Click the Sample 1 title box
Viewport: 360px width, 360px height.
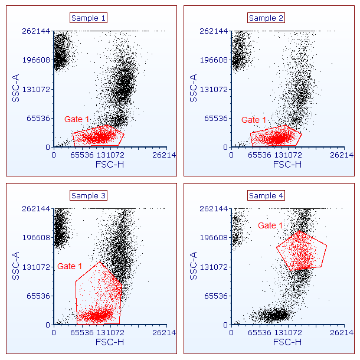pyautogui.click(x=89, y=18)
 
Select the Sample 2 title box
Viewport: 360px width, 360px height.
pyautogui.click(x=266, y=18)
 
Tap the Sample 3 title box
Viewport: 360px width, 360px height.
pyautogui.click(x=89, y=195)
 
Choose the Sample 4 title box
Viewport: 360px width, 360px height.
pyautogui.click(x=266, y=195)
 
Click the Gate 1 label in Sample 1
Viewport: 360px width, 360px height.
pyautogui.click(x=77, y=119)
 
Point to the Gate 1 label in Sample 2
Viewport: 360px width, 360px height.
pyautogui.click(x=254, y=120)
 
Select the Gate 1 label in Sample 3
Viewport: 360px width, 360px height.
pyautogui.click(x=70, y=266)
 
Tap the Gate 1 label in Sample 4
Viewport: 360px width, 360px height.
pyautogui.click(x=270, y=225)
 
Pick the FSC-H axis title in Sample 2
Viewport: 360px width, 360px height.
pyautogui.click(x=287, y=165)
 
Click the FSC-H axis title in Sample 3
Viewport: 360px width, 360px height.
pyautogui.click(x=110, y=342)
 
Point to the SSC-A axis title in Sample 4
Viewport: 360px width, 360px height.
pyautogui.click(x=194, y=266)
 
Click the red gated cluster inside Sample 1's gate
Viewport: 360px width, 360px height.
pyautogui.click(x=99, y=137)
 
